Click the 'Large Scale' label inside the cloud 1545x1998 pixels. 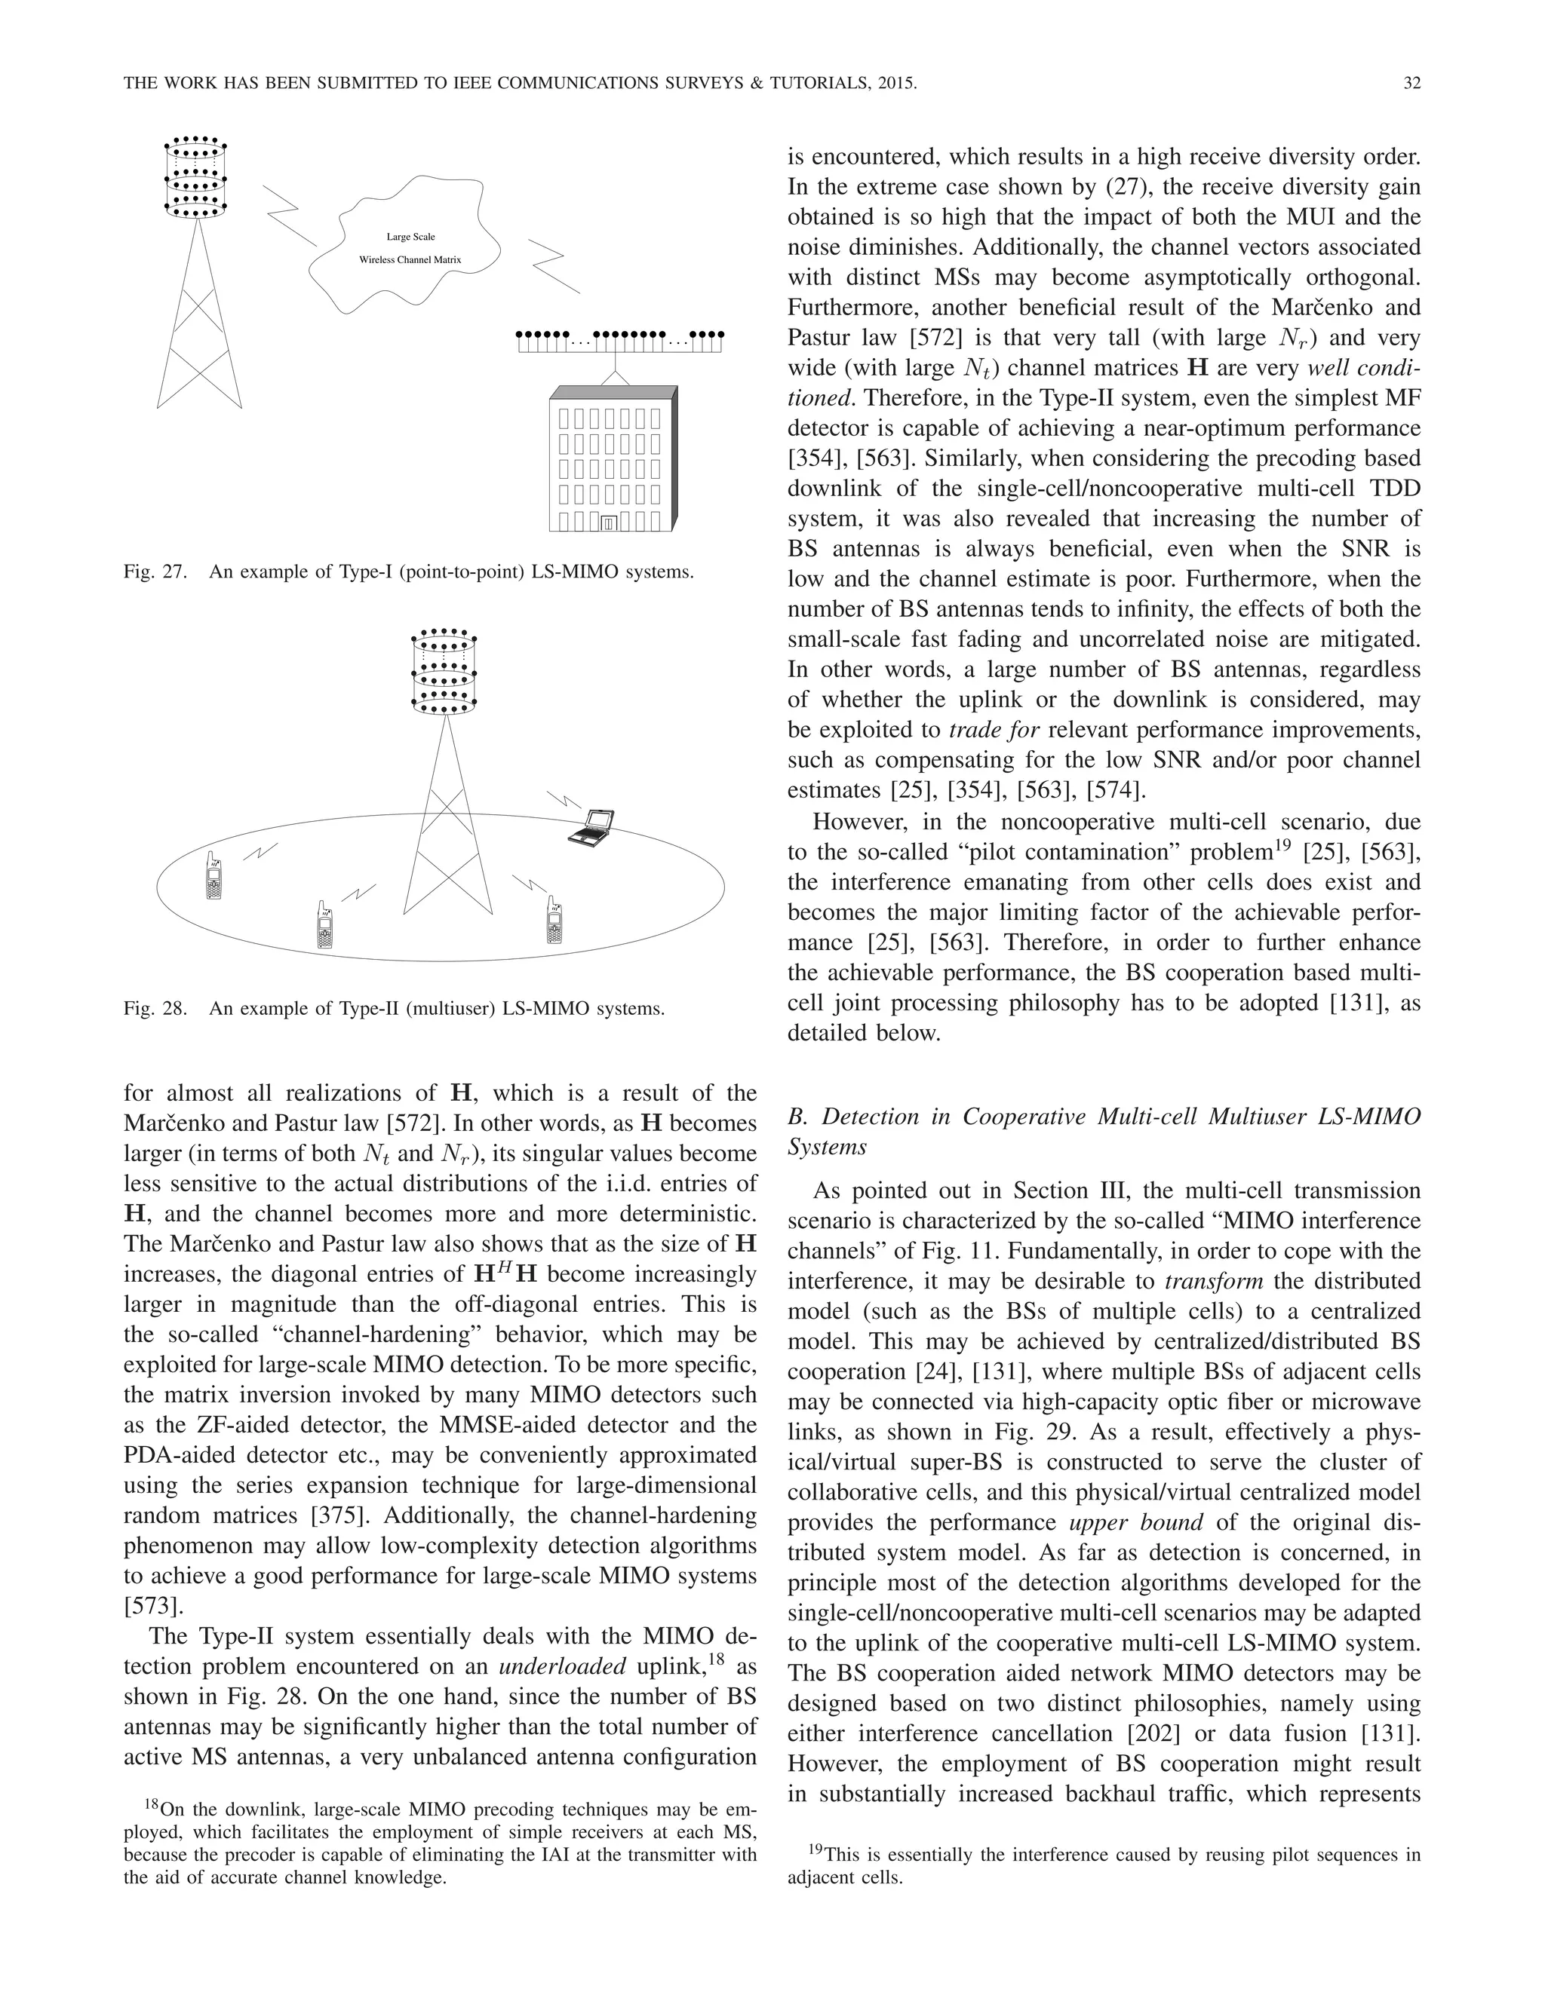coord(410,237)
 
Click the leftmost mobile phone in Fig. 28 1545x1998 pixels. coord(214,878)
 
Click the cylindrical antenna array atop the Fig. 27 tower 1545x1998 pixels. coord(195,179)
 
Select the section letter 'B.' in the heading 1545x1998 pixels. coord(797,1116)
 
